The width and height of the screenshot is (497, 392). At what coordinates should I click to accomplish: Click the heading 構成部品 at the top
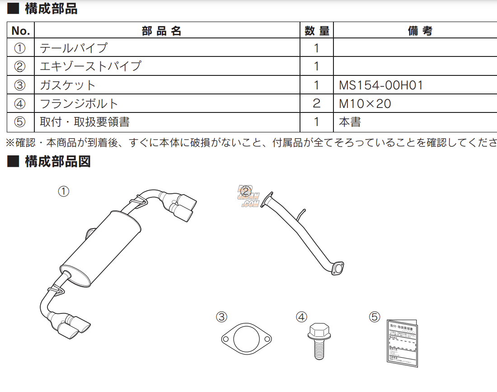pyautogui.click(x=50, y=9)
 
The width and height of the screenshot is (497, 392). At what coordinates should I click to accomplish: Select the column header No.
pyautogui.click(x=20, y=31)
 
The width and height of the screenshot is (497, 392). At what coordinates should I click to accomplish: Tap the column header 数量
pyautogui.click(x=316, y=31)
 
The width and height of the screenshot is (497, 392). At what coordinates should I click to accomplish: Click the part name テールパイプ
pyautogui.click(x=74, y=48)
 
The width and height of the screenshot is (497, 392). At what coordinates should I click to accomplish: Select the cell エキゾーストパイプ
pyautogui.click(x=90, y=66)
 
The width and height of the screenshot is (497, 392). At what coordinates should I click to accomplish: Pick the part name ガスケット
pyautogui.click(x=68, y=85)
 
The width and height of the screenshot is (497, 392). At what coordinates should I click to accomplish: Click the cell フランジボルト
pyautogui.click(x=79, y=103)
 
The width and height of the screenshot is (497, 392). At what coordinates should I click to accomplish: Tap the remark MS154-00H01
pyautogui.click(x=381, y=85)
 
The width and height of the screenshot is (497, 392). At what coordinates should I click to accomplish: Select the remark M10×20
pyautogui.click(x=365, y=103)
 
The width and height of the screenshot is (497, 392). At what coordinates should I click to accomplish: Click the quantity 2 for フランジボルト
pyautogui.click(x=316, y=103)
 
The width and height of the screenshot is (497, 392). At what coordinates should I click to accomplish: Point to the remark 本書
pyautogui.click(x=350, y=122)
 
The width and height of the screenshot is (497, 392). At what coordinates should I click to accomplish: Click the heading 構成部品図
pyautogui.click(x=57, y=161)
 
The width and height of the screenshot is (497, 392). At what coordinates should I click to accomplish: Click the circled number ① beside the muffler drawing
pyautogui.click(x=64, y=191)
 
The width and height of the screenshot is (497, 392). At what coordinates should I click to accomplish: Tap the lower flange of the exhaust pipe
pyautogui.click(x=337, y=268)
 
